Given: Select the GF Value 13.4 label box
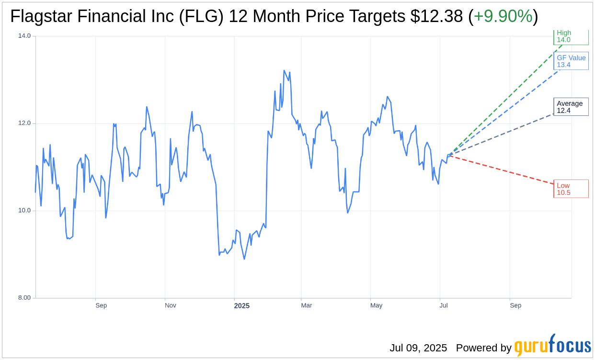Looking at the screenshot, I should (571, 61).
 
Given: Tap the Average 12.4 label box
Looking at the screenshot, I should (571, 107).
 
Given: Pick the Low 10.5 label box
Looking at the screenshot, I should (571, 189).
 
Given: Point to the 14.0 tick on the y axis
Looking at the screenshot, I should (24, 35).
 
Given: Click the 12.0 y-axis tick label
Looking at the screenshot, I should (24, 123).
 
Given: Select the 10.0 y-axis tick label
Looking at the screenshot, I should (24, 211).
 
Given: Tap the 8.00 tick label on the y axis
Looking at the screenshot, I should (24, 298).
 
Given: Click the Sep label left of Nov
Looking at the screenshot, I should (101, 305).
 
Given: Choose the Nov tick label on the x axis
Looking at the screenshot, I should (171, 305).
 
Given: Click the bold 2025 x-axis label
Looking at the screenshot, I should (241, 306).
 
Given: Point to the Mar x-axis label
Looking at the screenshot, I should (306, 305).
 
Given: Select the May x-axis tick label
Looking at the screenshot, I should (377, 305).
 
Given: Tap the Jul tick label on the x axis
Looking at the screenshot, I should (444, 305).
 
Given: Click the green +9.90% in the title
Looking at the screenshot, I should (503, 17).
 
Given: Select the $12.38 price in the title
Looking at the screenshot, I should (436, 17).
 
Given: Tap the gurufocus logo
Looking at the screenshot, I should (552, 346).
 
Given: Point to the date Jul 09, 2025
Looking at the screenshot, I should (418, 348).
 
